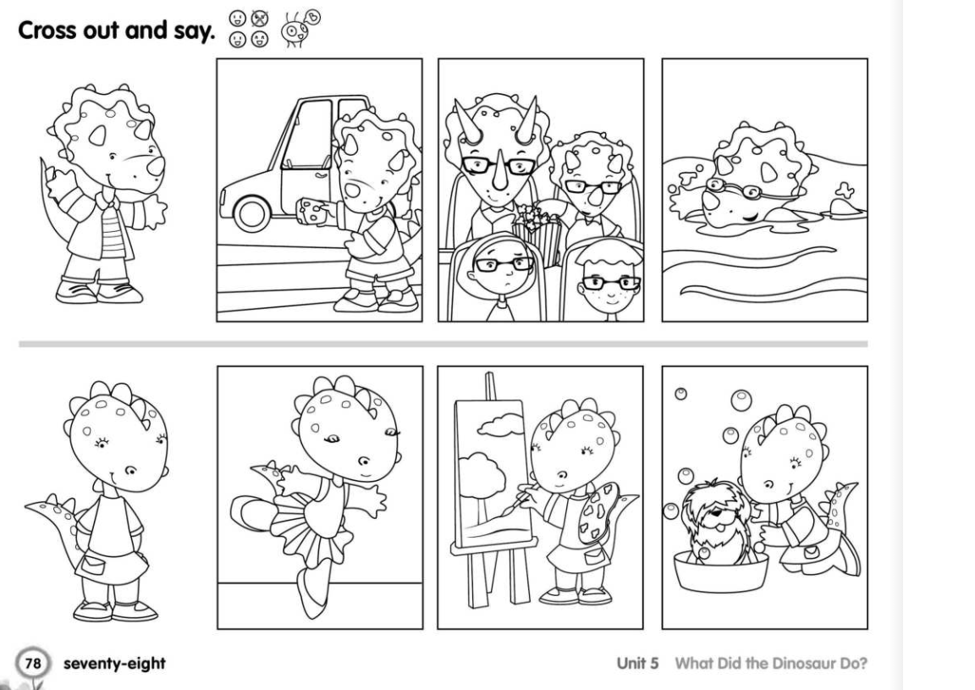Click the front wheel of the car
coord(252,213)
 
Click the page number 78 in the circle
coord(32,663)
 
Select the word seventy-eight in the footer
coord(114,664)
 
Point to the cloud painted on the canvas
coord(500,425)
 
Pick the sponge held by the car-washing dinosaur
coord(312,212)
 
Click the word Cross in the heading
coord(47,30)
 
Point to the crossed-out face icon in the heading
coord(259,19)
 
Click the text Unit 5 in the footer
coord(636,663)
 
